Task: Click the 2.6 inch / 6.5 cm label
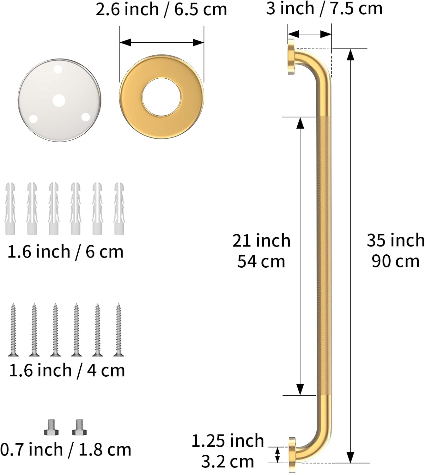[161, 9]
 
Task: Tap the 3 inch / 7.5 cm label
[324, 9]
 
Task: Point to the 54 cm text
[261, 262]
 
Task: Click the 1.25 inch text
[228, 441]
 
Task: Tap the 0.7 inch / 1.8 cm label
[66, 450]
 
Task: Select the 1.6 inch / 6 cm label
[65, 252]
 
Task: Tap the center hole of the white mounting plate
[59, 101]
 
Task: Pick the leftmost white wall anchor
[10, 208]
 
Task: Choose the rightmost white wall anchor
[119, 208]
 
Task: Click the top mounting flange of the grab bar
[291, 57]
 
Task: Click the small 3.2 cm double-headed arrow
[277, 455]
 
